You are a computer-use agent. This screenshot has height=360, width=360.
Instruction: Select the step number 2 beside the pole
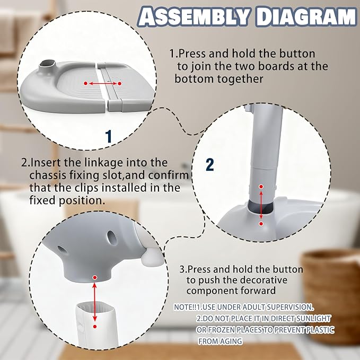209,164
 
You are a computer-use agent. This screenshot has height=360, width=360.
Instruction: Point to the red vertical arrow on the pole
260,205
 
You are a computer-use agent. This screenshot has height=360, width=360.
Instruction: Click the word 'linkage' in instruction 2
96,162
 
